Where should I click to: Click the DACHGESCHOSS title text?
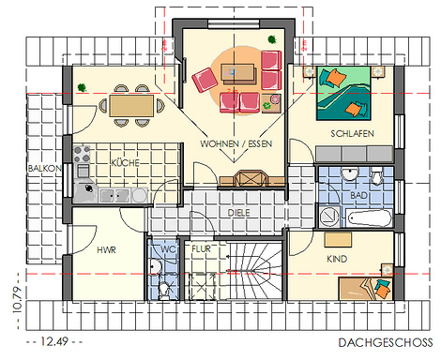[x=386, y=343]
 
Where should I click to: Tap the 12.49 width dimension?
[x=54, y=341]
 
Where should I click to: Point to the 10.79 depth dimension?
[x=18, y=300]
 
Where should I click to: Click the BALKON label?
[x=45, y=169]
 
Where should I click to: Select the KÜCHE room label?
[x=125, y=162]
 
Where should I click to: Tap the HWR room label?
[x=106, y=250]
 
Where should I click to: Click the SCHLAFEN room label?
[x=353, y=134]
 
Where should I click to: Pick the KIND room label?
[x=337, y=259]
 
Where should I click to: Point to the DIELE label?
[x=238, y=213]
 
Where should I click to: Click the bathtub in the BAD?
[x=370, y=217]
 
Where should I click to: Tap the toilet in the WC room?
[x=163, y=291]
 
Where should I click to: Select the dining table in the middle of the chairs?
[x=131, y=106]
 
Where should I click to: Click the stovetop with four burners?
[x=82, y=154]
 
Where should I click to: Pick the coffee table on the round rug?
[x=238, y=74]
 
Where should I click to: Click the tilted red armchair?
[x=205, y=80]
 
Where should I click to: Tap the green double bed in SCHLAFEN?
[x=343, y=93]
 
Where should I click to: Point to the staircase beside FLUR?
[x=254, y=270]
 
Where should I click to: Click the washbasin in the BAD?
[x=350, y=173]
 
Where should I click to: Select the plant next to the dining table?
[x=82, y=87]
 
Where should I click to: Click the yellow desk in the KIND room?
[x=338, y=240]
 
